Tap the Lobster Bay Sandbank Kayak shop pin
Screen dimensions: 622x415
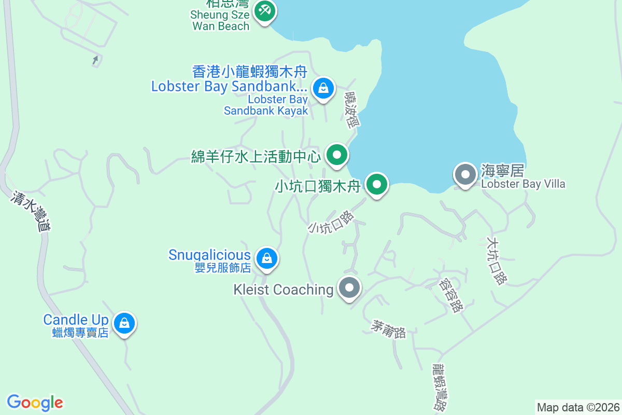point(323,88)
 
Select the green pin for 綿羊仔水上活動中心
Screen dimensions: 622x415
point(337,155)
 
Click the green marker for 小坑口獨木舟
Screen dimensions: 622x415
point(377,184)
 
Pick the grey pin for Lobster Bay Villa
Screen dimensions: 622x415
point(465,175)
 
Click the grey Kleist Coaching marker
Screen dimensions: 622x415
point(349,288)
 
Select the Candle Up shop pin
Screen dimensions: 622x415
point(124,324)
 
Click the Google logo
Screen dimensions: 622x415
point(35,403)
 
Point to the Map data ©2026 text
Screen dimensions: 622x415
point(578,407)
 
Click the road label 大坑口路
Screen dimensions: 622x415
point(496,261)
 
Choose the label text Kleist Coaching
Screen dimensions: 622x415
point(283,289)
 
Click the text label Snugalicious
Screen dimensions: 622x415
point(209,255)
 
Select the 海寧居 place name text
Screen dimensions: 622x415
point(502,171)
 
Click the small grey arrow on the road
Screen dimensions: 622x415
point(95,61)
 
